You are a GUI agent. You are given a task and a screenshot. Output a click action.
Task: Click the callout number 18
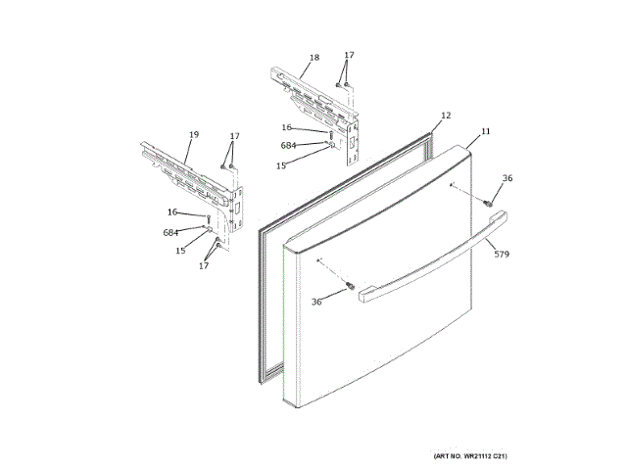[x=313, y=58]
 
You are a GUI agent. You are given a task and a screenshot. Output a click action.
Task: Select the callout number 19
[x=193, y=134]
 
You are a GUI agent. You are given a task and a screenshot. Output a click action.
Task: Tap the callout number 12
[x=446, y=116]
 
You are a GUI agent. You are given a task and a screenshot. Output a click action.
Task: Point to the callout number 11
[x=486, y=130]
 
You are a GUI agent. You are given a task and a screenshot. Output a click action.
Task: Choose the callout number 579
[x=502, y=255]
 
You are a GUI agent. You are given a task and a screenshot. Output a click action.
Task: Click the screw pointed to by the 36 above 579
[x=485, y=203]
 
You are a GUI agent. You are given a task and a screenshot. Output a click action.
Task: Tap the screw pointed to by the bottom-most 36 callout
[x=351, y=285]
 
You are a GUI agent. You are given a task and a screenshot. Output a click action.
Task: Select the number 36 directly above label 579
[x=506, y=178]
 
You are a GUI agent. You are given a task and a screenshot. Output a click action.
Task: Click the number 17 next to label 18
[x=349, y=55]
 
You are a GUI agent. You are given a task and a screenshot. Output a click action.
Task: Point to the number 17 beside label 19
[x=234, y=135]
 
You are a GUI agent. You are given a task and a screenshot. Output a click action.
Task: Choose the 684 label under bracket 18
[x=288, y=145]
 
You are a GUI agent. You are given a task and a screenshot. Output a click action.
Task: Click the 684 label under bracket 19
[x=170, y=232]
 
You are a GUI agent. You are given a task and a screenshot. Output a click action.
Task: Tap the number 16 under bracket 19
[x=172, y=211]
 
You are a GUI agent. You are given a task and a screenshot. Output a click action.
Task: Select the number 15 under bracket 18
[x=281, y=165]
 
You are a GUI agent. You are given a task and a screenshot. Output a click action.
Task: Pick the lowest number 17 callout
[x=204, y=265]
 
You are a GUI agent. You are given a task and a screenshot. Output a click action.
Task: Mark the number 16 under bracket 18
[x=286, y=127]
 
